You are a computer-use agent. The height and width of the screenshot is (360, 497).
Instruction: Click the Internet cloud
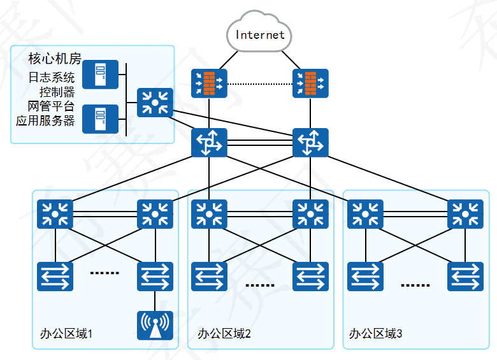pyautogui.click(x=259, y=33)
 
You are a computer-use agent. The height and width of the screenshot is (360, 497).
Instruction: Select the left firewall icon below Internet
pyautogui.click(x=209, y=83)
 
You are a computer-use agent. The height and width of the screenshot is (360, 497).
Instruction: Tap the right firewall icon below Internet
pyautogui.click(x=310, y=83)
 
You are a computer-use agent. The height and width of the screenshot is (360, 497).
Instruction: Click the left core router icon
pyautogui.click(x=209, y=143)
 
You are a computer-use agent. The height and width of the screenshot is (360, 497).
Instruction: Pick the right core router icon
pyautogui.click(x=310, y=143)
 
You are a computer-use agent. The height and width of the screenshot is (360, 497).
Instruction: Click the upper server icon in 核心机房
pyautogui.click(x=101, y=75)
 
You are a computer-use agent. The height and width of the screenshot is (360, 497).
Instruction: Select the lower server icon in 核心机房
pyautogui.click(x=101, y=119)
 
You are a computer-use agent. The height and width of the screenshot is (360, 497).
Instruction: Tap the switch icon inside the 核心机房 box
pyautogui.click(x=155, y=103)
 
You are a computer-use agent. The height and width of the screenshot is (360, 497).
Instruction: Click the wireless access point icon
pyautogui.click(x=155, y=325)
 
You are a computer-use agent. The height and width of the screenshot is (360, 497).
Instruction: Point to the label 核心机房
pyautogui.click(x=55, y=59)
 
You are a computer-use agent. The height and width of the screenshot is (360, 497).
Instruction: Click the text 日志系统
pyautogui.click(x=52, y=78)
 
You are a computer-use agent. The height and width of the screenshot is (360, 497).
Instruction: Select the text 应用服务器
pyautogui.click(x=45, y=120)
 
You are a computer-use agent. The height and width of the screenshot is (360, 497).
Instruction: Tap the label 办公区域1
pyautogui.click(x=66, y=333)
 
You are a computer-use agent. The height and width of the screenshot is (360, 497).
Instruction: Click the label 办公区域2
pyautogui.click(x=224, y=333)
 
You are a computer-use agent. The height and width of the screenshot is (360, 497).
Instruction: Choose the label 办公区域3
pyautogui.click(x=376, y=333)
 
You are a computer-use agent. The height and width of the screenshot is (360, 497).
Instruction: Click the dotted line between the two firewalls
pyautogui.click(x=259, y=84)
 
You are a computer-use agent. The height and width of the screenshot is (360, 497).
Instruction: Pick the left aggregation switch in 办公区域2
pyautogui.click(x=209, y=214)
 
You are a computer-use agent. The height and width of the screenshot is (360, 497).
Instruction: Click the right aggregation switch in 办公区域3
pyautogui.click(x=465, y=214)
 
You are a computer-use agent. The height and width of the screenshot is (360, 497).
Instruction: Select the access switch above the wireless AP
pyautogui.click(x=155, y=277)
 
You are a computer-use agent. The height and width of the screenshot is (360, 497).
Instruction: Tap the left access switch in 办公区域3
pyautogui.click(x=365, y=277)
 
